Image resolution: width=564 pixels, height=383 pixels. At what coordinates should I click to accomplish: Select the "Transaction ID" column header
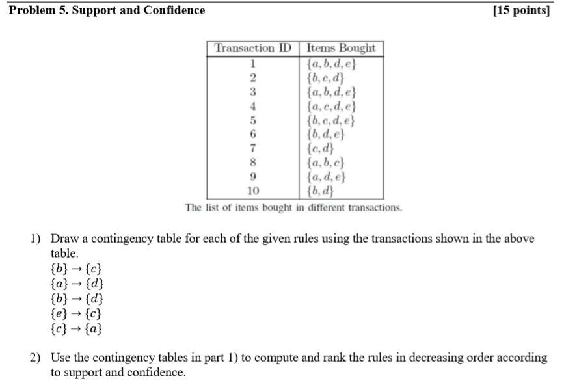pyautogui.click(x=253, y=48)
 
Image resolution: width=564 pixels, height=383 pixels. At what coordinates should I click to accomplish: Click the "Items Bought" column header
pyautogui.click(x=341, y=48)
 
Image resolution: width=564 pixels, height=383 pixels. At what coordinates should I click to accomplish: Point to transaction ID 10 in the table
pyautogui.click(x=253, y=191)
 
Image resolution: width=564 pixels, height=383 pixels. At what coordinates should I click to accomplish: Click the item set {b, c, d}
pyautogui.click(x=324, y=79)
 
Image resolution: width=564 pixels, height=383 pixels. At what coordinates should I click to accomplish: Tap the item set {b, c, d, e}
pyautogui.click(x=332, y=121)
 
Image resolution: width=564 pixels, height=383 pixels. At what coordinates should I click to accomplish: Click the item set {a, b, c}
pyautogui.click(x=325, y=163)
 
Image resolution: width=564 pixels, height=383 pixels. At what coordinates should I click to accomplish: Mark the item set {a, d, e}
pyautogui.click(x=326, y=177)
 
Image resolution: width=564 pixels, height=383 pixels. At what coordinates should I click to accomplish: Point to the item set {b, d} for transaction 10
pyautogui.click(x=320, y=191)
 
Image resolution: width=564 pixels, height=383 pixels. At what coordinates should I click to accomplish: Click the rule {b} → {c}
pyautogui.click(x=76, y=269)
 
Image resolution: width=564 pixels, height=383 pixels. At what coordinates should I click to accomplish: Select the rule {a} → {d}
pyautogui.click(x=76, y=284)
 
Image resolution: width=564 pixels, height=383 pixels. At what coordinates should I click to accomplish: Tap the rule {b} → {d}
pyautogui.click(x=76, y=298)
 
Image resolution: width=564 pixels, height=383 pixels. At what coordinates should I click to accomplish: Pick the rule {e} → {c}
pyautogui.click(x=76, y=313)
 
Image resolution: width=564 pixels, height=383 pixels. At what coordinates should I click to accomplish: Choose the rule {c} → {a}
pyautogui.click(x=76, y=328)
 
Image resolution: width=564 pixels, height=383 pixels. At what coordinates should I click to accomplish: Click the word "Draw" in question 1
pyautogui.click(x=64, y=239)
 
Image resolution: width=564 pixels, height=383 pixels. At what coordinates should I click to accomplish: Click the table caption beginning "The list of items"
pyautogui.click(x=293, y=208)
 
